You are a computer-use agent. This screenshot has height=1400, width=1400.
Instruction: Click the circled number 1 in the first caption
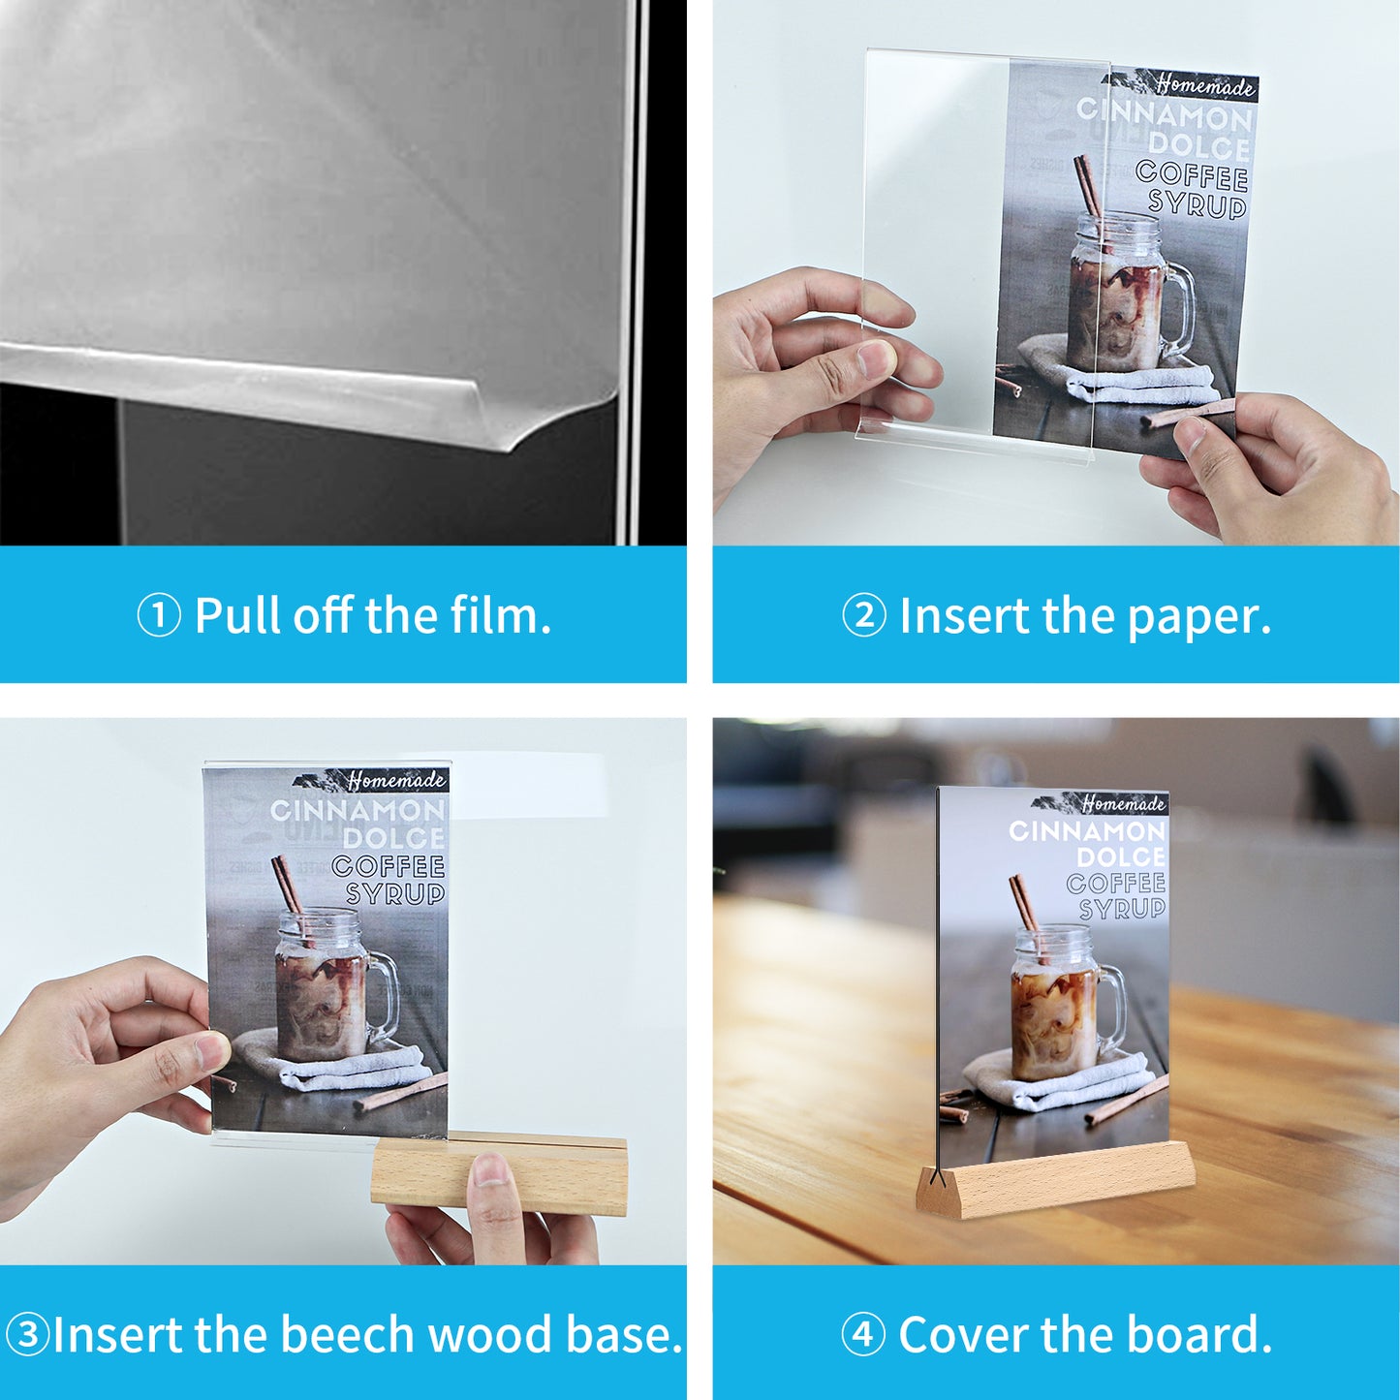pos(159,615)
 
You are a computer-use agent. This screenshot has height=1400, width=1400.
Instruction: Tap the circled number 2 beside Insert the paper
pos(864,615)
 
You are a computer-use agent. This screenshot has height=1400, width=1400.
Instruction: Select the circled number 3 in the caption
pos(27,1334)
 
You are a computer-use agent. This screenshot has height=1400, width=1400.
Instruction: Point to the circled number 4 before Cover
pos(863,1334)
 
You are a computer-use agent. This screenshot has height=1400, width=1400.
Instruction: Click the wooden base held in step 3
pos(499,1172)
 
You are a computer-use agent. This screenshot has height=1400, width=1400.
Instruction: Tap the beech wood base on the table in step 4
pos(1055,1178)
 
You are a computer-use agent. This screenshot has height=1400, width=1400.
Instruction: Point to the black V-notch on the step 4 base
pos(937,1174)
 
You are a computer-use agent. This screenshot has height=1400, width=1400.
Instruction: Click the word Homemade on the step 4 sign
pos(1123,803)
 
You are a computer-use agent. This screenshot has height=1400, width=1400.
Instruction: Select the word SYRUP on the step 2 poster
pos(1198,204)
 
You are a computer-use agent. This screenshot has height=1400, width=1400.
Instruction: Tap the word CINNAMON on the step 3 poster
pos(358,810)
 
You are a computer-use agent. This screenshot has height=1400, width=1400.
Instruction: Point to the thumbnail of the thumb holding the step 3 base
pos(490,1169)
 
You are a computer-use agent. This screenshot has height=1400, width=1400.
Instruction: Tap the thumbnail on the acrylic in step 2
pos(876,358)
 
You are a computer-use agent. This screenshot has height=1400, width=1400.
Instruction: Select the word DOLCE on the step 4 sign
pos(1120,857)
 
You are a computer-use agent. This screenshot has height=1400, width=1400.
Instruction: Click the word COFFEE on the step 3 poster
pos(388,866)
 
